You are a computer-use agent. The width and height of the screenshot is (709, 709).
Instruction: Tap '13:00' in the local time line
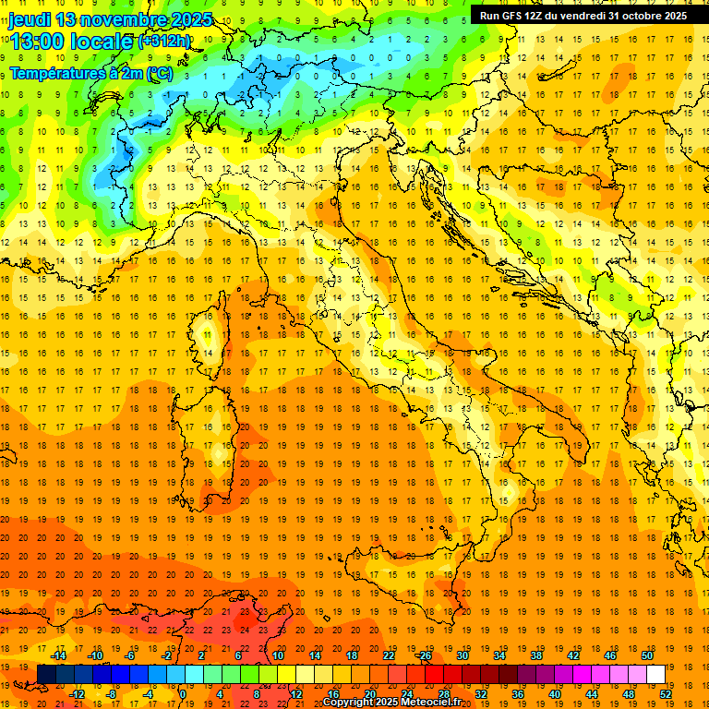[40, 42]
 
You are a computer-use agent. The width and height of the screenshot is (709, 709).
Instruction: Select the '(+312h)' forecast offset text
[165, 42]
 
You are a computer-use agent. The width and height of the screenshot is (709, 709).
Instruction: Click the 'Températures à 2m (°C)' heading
[90, 73]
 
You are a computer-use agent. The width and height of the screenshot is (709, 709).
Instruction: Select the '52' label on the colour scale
[666, 694]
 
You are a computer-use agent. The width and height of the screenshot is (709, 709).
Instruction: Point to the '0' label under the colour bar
[183, 694]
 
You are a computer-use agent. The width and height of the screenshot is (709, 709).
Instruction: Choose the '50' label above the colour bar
[647, 655]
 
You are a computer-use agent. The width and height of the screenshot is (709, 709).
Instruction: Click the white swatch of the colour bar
[655, 675]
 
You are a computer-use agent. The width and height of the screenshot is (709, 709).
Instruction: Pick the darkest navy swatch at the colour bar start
[46, 675]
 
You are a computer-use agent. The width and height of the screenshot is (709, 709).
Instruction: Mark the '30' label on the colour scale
[462, 655]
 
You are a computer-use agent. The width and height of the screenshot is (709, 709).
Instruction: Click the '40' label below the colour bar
[554, 694]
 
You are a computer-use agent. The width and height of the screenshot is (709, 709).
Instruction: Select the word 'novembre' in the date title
[120, 19]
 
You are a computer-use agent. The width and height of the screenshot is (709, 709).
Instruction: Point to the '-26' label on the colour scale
[424, 655]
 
